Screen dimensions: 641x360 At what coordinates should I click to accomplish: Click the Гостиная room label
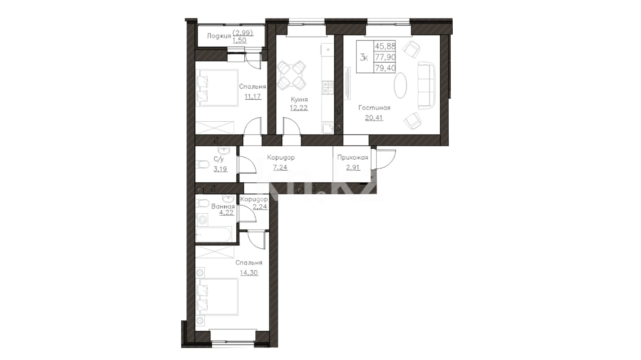coord(374,108)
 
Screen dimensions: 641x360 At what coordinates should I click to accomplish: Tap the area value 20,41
coord(374,118)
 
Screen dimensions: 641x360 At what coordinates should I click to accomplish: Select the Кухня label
coord(299,99)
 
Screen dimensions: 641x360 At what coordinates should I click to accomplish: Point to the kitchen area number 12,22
coord(299,108)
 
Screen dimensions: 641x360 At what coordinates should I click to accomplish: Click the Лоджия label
coord(219,36)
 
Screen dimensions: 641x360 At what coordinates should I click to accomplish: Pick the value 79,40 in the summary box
coord(385,68)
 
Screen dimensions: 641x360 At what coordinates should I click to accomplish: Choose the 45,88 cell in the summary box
coord(385,46)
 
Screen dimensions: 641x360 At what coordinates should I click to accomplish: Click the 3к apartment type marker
coord(364,58)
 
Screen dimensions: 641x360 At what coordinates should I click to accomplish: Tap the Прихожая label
coord(353,157)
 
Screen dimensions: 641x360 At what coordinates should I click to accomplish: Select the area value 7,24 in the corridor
coord(280,167)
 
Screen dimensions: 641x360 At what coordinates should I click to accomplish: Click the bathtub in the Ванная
coord(213,235)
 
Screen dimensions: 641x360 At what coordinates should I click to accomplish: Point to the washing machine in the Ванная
coord(202,220)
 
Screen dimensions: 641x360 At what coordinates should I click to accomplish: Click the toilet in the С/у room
coord(202,165)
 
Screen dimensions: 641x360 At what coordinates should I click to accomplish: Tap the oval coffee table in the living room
coord(400,85)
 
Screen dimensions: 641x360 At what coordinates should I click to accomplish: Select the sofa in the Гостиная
coord(426,85)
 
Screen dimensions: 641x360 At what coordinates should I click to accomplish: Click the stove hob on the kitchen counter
coord(328,87)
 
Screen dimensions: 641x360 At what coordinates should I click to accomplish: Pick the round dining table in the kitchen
coord(291,75)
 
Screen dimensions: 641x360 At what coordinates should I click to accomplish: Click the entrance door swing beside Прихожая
coord(385,159)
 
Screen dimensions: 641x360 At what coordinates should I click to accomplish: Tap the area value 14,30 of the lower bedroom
coord(249,273)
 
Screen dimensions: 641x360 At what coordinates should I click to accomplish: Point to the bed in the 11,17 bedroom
coord(217,88)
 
